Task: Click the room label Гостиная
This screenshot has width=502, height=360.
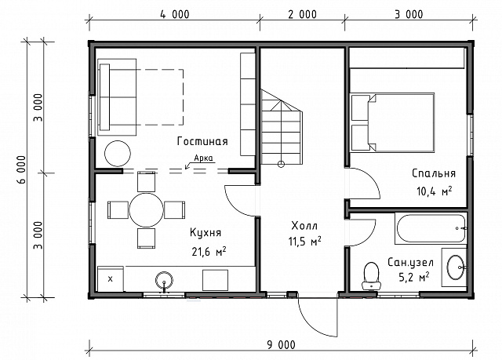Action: pos(202,141)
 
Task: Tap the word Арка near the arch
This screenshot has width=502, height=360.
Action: pos(203,158)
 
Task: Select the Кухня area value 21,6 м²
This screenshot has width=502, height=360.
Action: pos(209,252)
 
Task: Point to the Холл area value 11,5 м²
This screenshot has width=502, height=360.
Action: pos(305,241)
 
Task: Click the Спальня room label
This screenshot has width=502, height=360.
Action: pos(434,173)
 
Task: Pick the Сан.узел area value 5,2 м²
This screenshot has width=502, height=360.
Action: pos(414,277)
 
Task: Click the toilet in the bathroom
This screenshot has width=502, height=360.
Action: pos(371,276)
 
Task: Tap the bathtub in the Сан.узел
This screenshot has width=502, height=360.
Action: pos(431,228)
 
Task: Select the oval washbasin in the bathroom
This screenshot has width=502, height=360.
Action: pos(456,267)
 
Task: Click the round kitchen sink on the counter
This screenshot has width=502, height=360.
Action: pos(164,280)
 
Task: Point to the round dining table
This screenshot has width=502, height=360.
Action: pos(147,210)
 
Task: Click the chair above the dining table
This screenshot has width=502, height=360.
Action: pos(147,181)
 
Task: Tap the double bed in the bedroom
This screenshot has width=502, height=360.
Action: pos(393,122)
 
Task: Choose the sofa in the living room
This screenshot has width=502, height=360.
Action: pos(117,97)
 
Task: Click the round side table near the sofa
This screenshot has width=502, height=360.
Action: pos(118,154)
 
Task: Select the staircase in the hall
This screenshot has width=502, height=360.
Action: pos(282,127)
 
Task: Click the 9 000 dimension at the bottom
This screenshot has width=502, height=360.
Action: pos(282,344)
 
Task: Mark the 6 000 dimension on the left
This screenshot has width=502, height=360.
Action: pos(21,169)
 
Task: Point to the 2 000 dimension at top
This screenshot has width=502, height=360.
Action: pos(302,14)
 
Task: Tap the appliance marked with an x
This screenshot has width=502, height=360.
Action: pos(111,278)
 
